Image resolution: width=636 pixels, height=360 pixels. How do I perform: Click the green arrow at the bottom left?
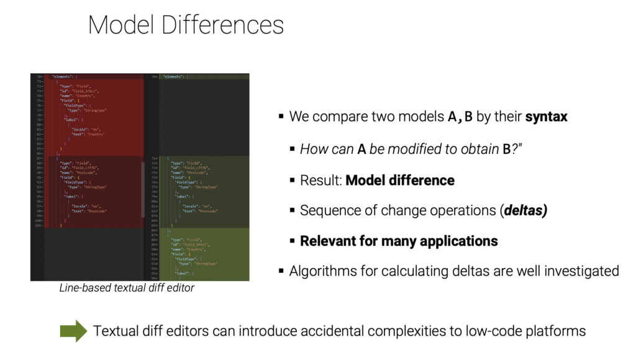click(73, 331)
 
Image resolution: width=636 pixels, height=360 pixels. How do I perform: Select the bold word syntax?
click(546, 117)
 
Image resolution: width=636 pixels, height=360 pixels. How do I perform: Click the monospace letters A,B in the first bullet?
click(460, 117)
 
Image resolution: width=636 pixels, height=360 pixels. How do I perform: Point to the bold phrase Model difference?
click(400, 181)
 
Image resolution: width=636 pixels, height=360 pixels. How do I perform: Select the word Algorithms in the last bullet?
click(320, 271)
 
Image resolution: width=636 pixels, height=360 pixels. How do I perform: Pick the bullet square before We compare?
click(281, 117)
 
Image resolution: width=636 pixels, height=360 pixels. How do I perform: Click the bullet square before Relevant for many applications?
click(293, 241)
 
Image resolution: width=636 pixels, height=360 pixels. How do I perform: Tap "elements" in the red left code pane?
click(61, 76)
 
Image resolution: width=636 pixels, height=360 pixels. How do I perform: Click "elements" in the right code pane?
click(173, 77)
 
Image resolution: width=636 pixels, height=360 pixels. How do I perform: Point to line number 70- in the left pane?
click(39, 76)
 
